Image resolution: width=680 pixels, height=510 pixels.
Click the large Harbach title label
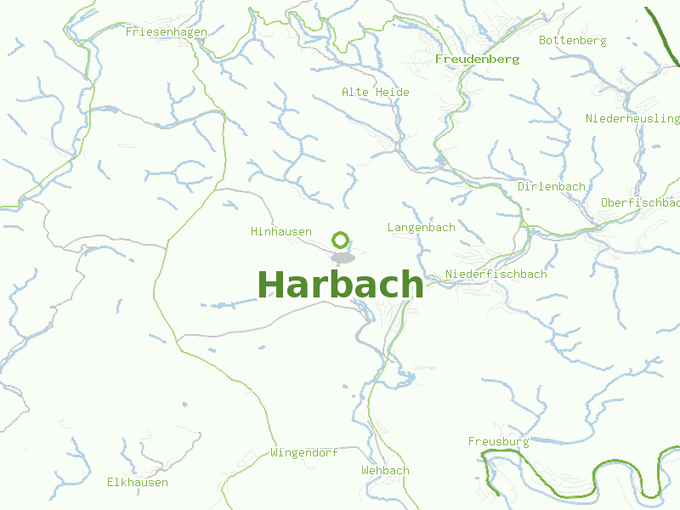click(x=340, y=284)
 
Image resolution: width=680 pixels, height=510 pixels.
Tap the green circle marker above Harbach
click(x=341, y=240)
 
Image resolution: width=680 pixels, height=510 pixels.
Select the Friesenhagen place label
click(x=166, y=31)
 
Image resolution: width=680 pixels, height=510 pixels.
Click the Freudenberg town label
click(x=477, y=59)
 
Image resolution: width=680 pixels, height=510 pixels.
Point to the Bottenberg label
click(x=572, y=40)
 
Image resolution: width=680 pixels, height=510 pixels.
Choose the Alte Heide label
click(x=375, y=92)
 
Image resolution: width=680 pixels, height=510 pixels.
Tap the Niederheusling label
click(x=632, y=118)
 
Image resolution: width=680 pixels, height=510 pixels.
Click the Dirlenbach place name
click(x=551, y=186)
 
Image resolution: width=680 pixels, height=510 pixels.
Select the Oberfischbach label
click(x=640, y=202)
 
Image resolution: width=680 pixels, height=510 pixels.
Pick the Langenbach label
click(x=421, y=227)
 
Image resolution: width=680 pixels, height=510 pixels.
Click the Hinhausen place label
click(x=280, y=231)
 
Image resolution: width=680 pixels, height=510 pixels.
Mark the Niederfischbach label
click(x=496, y=274)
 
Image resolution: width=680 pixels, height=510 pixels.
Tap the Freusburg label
click(x=498, y=441)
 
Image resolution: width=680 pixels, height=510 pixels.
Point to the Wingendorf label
click(x=304, y=452)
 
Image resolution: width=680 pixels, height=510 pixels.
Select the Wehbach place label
click(x=384, y=470)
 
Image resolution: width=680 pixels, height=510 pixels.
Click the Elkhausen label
click(x=137, y=482)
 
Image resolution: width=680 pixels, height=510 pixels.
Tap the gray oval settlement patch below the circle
click(x=343, y=257)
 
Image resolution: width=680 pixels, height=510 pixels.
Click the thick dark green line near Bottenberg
click(x=663, y=34)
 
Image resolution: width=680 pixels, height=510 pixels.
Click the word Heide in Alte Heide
click(x=392, y=92)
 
